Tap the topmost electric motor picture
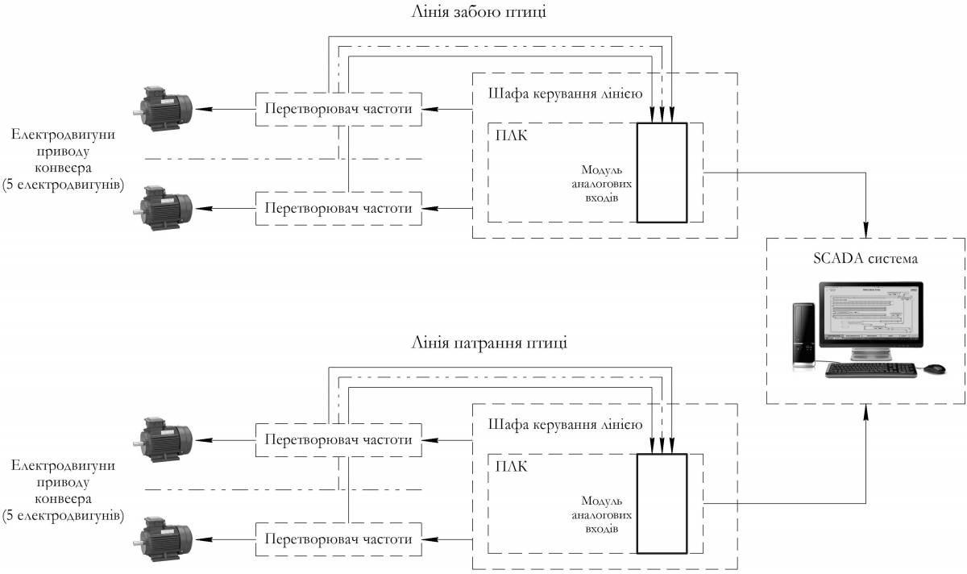coord(165,109)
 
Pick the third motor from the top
coord(165,439)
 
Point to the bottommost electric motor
coord(165,538)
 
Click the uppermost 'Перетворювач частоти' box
coord(338,110)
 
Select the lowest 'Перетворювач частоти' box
coord(338,539)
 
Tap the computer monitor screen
coord(869,315)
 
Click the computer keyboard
coord(870,369)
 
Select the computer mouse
coord(934,368)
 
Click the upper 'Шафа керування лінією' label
coord(565,92)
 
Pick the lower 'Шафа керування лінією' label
coord(565,423)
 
